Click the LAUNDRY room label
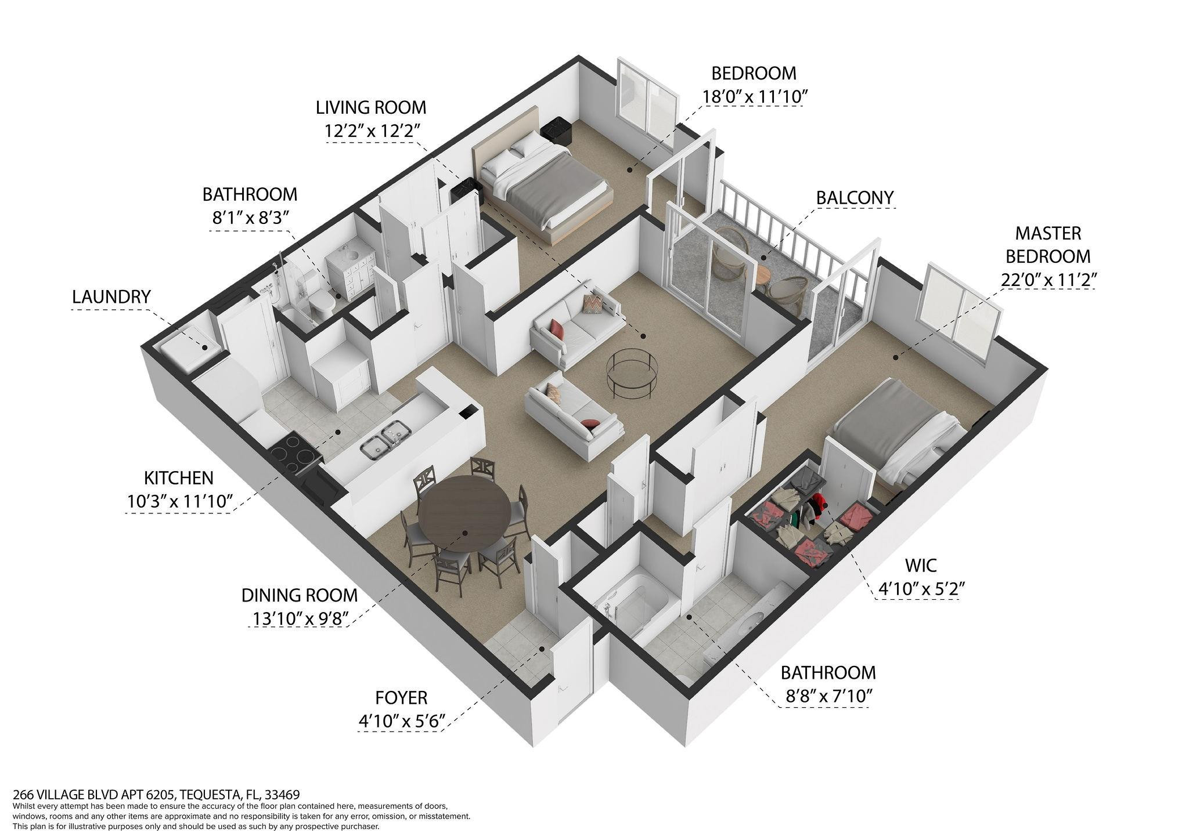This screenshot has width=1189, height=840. [x=111, y=296]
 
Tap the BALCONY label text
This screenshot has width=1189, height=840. [x=855, y=198]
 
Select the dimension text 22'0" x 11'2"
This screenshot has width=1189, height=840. [x=1049, y=280]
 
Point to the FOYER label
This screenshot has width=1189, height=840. [x=401, y=697]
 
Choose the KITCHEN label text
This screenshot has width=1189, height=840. [x=179, y=478]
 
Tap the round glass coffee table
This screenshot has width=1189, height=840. [x=632, y=374]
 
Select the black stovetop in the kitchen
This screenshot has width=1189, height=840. [x=296, y=453]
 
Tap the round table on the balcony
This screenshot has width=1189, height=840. [x=765, y=277]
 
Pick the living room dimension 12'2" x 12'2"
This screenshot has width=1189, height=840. [x=371, y=131]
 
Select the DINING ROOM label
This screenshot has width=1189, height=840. [x=300, y=595]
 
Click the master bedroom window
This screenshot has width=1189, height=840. [x=960, y=314]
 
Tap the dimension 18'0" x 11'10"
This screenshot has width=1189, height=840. [x=755, y=96]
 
